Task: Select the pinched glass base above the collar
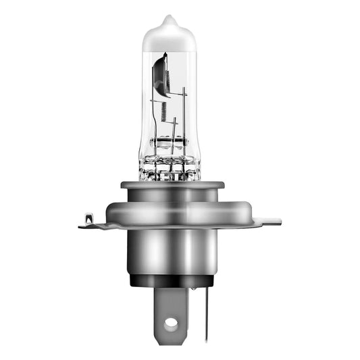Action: [169, 166]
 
